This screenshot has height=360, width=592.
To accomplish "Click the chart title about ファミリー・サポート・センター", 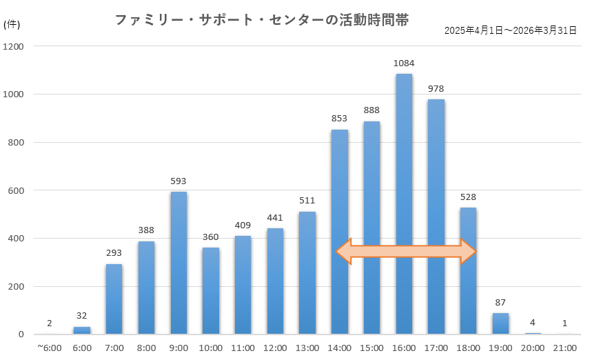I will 262,21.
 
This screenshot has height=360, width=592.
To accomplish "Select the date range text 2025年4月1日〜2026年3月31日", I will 510,31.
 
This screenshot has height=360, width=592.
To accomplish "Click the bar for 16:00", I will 404,207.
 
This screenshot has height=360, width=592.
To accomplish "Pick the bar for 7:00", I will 114,299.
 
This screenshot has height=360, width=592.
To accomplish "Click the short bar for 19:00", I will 500,323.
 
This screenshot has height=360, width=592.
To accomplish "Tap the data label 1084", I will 404,63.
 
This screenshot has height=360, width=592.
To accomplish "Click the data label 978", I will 436,89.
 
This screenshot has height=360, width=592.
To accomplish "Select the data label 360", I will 210,237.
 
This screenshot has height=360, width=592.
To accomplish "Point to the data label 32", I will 82,316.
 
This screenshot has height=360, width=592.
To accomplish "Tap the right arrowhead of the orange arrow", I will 468,252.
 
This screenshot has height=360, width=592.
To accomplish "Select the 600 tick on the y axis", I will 16,190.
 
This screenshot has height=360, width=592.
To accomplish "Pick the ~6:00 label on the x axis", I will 49,348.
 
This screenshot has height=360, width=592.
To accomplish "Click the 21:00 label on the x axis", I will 564,348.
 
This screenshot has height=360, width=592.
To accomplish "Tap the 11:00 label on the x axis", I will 243,348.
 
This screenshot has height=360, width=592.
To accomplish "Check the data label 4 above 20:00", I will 533,323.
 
